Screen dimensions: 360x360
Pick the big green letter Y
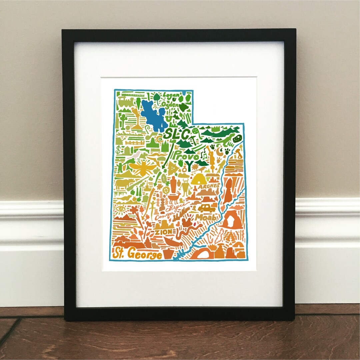click(190, 166)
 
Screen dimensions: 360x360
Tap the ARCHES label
click(209, 186)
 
